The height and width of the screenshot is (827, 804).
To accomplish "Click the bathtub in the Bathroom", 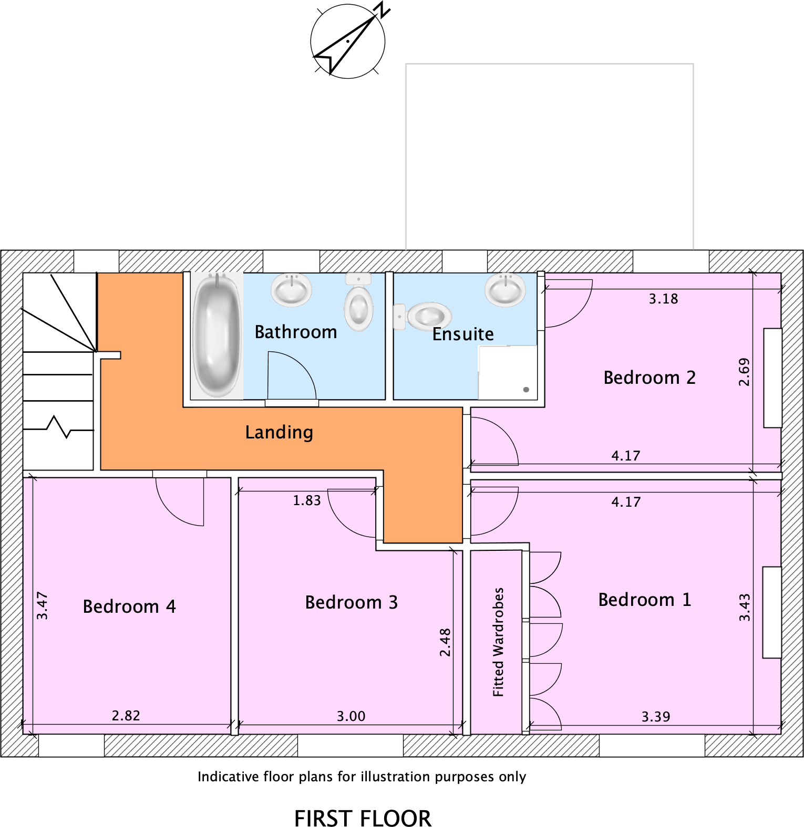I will (x=217, y=335).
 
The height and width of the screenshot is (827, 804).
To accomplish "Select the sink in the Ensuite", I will (x=506, y=289).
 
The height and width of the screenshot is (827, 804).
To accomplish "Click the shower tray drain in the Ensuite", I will (x=526, y=390).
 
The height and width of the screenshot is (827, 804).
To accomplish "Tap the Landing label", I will (x=279, y=432).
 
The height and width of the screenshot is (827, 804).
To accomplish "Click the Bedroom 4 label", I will (x=129, y=606).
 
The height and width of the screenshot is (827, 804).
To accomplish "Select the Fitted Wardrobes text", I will (x=498, y=642).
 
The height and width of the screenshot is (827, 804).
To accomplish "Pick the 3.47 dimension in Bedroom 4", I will (x=42, y=605).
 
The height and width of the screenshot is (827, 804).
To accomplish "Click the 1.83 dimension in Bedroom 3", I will (x=307, y=500).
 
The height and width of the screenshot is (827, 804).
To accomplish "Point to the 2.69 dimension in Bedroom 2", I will (x=744, y=372).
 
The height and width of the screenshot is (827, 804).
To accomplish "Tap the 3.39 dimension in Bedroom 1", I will (x=656, y=717).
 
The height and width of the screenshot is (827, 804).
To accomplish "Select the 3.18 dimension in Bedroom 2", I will (x=663, y=299).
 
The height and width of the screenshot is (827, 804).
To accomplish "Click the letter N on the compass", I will (x=383, y=9).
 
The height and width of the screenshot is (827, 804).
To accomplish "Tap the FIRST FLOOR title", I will (x=363, y=818).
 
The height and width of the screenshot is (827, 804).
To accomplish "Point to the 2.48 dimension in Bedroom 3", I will (x=445, y=642).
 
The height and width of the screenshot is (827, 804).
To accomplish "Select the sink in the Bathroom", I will (x=291, y=289).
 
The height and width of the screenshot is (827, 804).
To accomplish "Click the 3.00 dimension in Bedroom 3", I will (x=351, y=716).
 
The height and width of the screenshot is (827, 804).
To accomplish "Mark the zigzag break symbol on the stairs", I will (x=59, y=426).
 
